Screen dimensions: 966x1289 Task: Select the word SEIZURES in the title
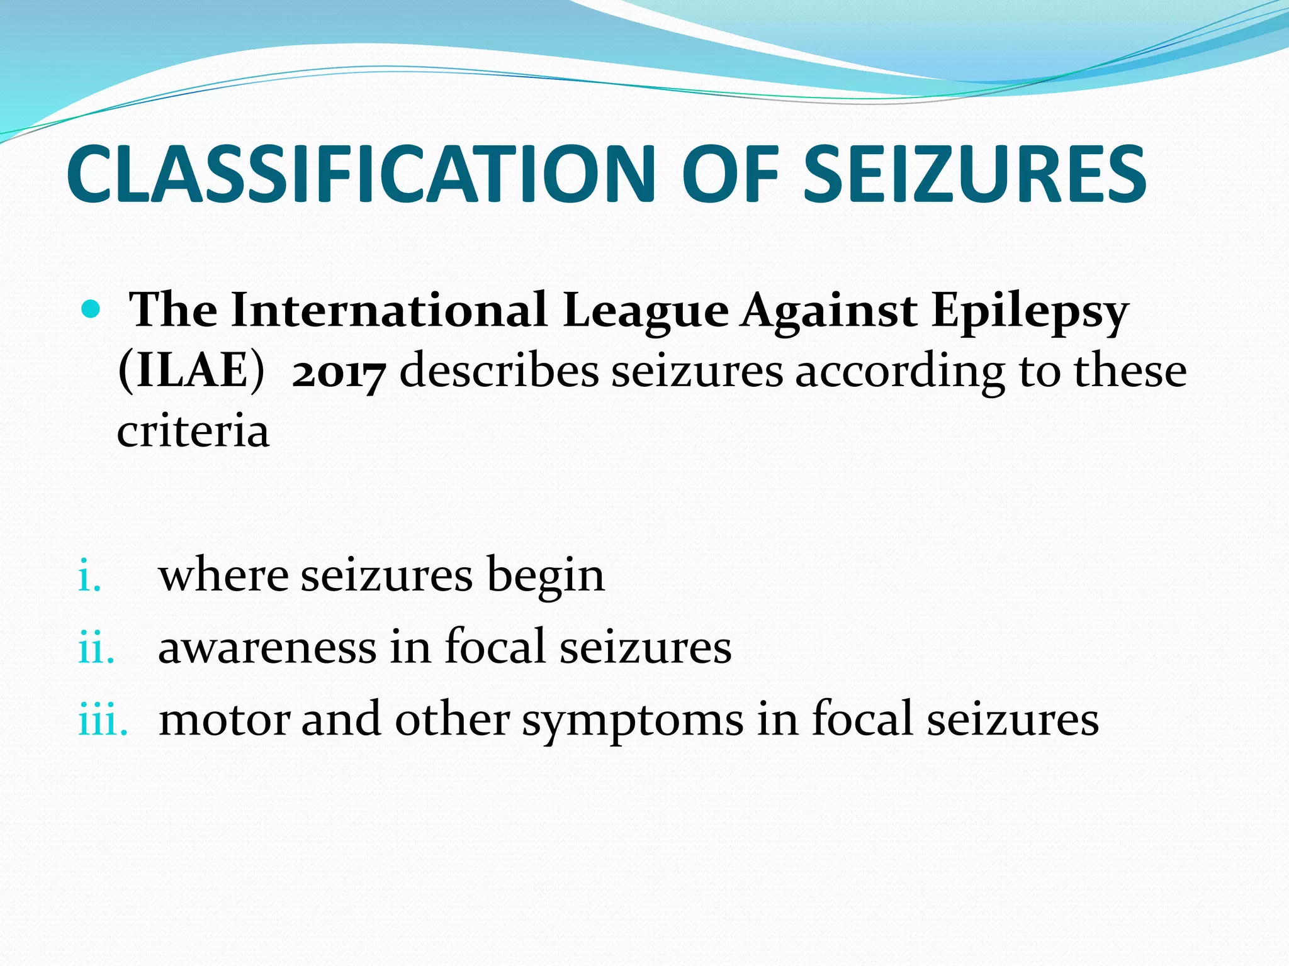974,174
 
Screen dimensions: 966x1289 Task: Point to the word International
389,310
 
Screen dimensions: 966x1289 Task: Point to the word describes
499,370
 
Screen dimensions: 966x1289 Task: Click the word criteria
193,431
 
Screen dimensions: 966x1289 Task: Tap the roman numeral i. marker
89,577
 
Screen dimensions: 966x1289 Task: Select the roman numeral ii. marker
96,648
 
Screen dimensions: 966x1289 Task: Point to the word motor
225,719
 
